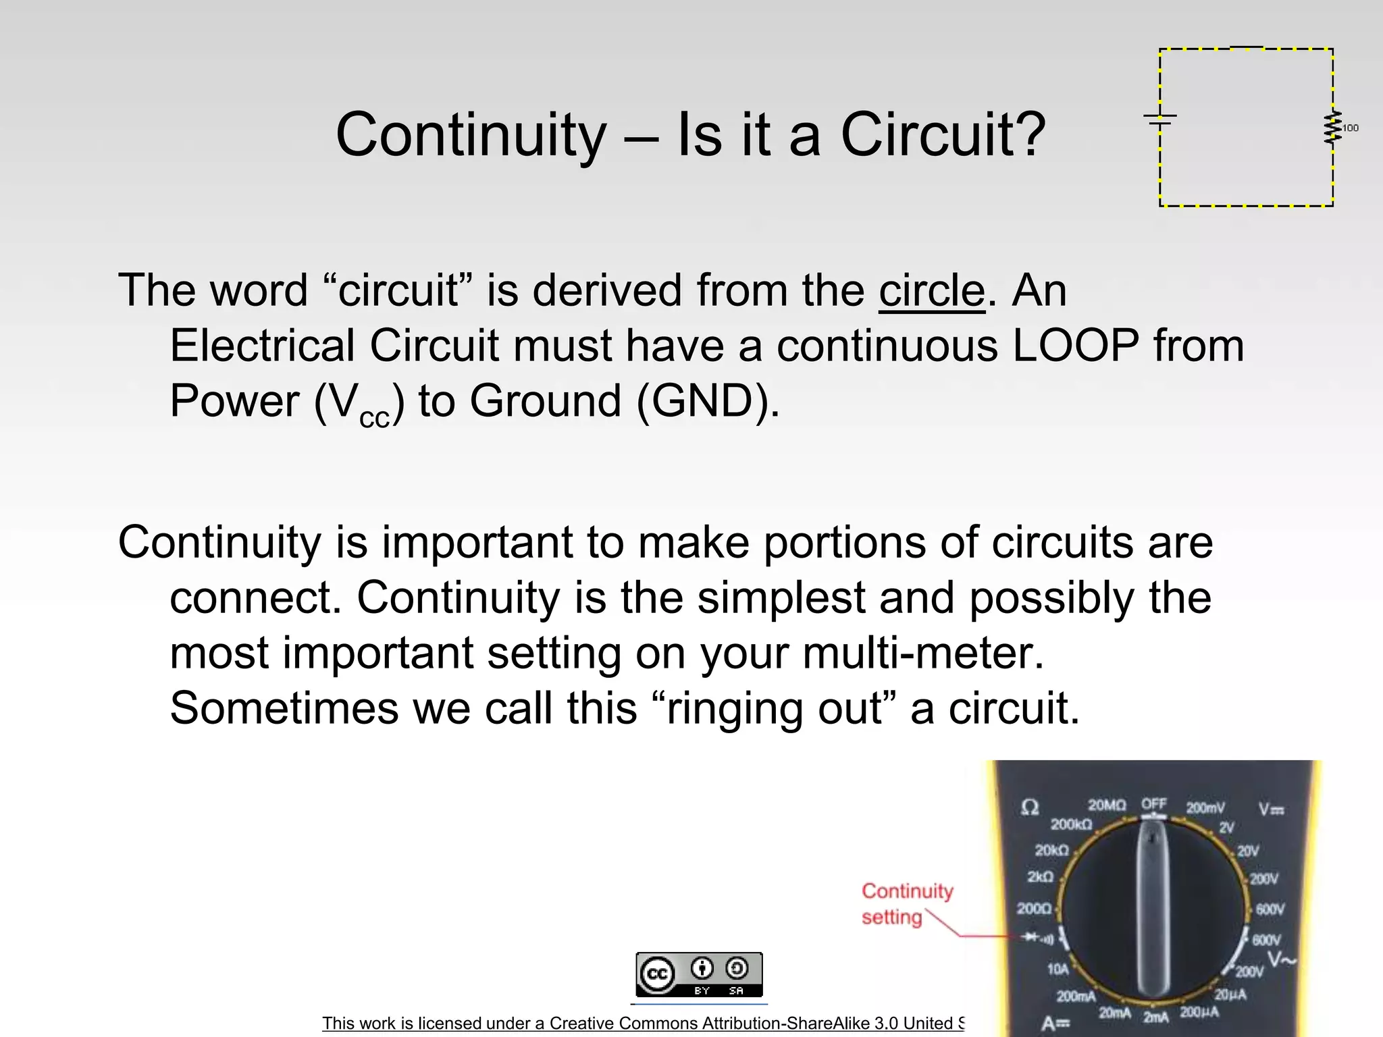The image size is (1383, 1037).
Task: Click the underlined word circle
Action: pos(932,291)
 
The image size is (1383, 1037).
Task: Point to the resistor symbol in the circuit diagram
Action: pos(1332,128)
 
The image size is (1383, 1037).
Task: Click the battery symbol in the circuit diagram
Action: pos(1160,120)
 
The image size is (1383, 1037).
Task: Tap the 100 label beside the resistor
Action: pos(1351,128)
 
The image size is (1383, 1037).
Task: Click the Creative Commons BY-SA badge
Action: pos(699,974)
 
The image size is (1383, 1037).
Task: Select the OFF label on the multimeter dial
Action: pos(1154,804)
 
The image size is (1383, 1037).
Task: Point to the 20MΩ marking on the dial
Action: pos(1107,805)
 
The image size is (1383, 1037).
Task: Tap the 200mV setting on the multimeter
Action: pos(1205,807)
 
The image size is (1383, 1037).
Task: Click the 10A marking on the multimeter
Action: pos(1058,969)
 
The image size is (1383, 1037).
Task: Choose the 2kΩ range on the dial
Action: pos(1041,876)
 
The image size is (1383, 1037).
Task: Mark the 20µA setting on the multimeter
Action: pos(1230,994)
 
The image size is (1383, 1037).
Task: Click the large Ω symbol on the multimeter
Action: pos(1030,807)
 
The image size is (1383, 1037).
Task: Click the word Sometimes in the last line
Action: pos(284,709)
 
